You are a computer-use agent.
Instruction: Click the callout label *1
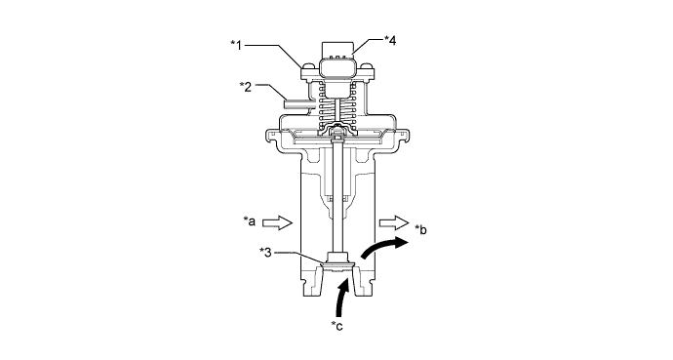point(236,45)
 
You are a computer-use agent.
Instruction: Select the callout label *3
point(266,253)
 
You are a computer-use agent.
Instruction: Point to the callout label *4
point(390,40)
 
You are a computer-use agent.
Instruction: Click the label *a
point(250,221)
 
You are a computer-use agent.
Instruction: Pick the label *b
point(421,230)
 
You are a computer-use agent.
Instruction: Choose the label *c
point(336,326)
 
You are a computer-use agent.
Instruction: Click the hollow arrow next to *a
point(277,222)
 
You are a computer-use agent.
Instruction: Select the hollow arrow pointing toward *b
point(394,222)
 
